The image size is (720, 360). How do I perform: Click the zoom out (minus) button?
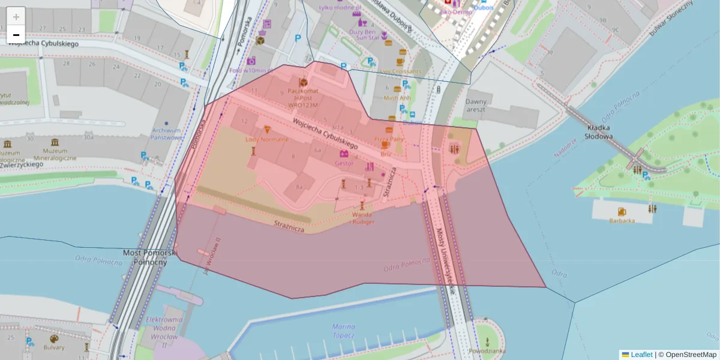[16, 35]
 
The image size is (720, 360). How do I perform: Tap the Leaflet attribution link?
[641, 355]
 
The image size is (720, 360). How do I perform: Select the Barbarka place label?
[622, 220]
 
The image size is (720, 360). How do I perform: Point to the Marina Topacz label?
[343, 331]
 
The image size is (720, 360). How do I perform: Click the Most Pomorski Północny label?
[149, 257]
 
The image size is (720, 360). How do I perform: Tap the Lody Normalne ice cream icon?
[267, 130]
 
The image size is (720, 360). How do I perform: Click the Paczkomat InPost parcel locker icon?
[303, 82]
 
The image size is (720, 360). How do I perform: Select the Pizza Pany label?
[389, 139]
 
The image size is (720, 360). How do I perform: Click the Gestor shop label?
[344, 163]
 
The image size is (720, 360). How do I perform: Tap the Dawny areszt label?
[476, 106]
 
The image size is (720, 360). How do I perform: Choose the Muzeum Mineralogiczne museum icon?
[55, 143]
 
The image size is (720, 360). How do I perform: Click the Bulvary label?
[53, 347]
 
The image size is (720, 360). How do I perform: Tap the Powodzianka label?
[487, 350]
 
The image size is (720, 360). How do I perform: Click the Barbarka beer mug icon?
[622, 211]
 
